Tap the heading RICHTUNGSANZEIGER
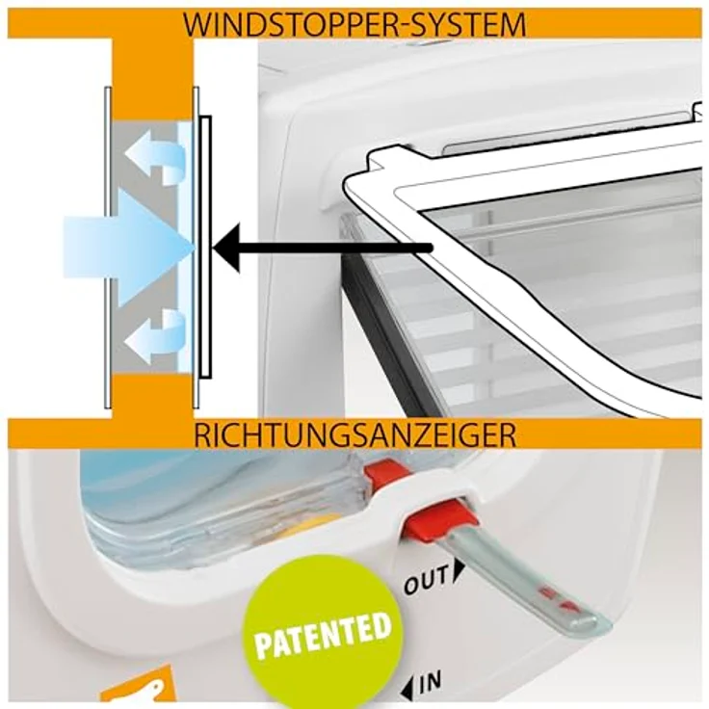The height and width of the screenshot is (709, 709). coord(354,434)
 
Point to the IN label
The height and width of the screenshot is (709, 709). coord(431,683)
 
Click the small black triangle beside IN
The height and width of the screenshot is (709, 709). coord(406,686)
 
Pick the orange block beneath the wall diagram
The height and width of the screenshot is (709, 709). coord(152,397)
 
